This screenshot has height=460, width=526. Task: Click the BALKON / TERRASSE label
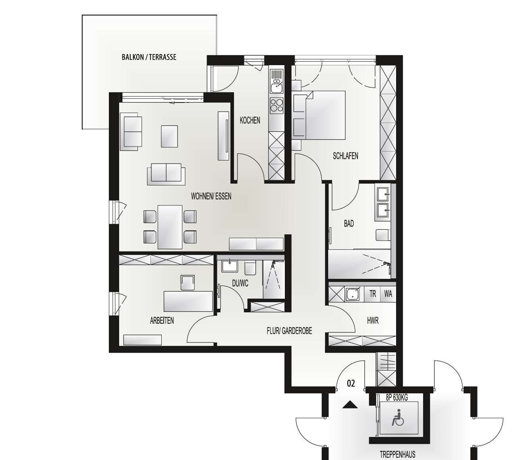tap(149, 57)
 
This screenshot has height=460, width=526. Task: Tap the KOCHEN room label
tap(250, 120)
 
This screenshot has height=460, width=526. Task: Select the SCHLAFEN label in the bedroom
tap(345, 156)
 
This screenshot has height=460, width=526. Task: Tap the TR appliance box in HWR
tap(373, 294)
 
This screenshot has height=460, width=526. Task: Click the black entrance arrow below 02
tap(350, 405)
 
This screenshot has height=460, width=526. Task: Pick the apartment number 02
tap(351, 383)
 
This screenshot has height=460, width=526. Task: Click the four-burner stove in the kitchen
tap(277, 105)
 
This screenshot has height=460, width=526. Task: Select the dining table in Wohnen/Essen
tap(170, 227)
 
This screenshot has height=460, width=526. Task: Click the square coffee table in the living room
tap(169, 136)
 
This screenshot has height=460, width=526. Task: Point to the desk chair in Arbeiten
tap(188, 283)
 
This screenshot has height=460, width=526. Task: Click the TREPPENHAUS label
tap(398, 454)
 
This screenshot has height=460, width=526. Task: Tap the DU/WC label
tap(240, 283)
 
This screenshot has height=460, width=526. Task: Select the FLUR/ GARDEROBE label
tap(289, 330)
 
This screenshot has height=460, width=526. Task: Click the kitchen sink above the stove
tap(277, 85)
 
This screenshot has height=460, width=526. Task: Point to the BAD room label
tap(348, 224)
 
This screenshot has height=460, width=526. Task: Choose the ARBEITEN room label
tap(162, 321)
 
